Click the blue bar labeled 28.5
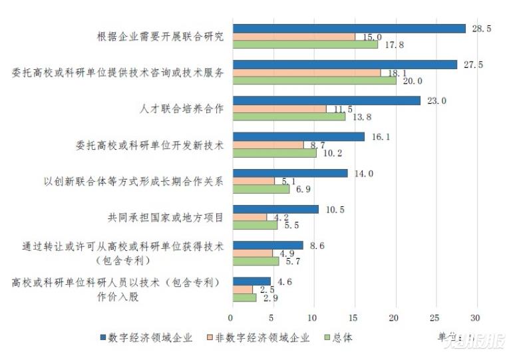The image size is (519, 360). (x=347, y=29)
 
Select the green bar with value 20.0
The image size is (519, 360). (x=313, y=81)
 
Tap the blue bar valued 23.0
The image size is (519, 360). (x=325, y=100)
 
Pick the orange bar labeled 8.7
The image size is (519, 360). (x=267, y=144)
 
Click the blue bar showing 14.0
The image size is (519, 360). (x=289, y=173)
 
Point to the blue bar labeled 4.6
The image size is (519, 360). (x=250, y=281)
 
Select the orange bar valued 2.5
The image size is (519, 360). (x=242, y=289)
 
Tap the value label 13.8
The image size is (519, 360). (x=361, y=116)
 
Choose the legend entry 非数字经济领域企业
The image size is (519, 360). (x=260, y=337)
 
